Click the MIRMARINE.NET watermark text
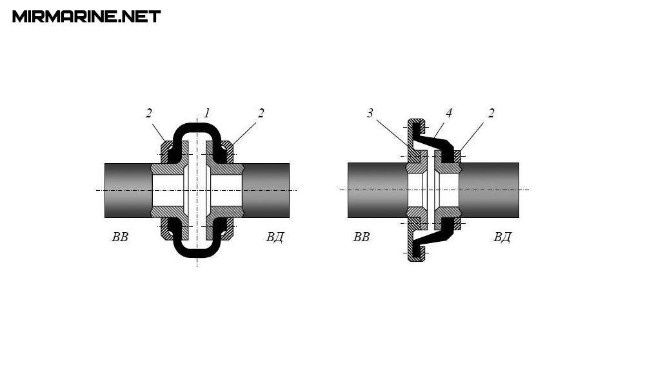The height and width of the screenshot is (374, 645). coord(86,17)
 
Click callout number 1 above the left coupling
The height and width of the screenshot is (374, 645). coord(207,113)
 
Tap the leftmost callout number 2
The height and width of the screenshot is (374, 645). coord(148,113)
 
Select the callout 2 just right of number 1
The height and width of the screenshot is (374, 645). coord(261,113)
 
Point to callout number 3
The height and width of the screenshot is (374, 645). coord(370,113)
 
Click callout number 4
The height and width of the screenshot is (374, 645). coord(449,113)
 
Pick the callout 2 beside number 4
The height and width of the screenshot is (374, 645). coord(491,113)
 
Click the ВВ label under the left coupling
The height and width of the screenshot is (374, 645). coord(120,237)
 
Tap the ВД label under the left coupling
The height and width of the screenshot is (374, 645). coord(275,237)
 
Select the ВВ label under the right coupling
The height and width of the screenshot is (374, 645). coord(362,237)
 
